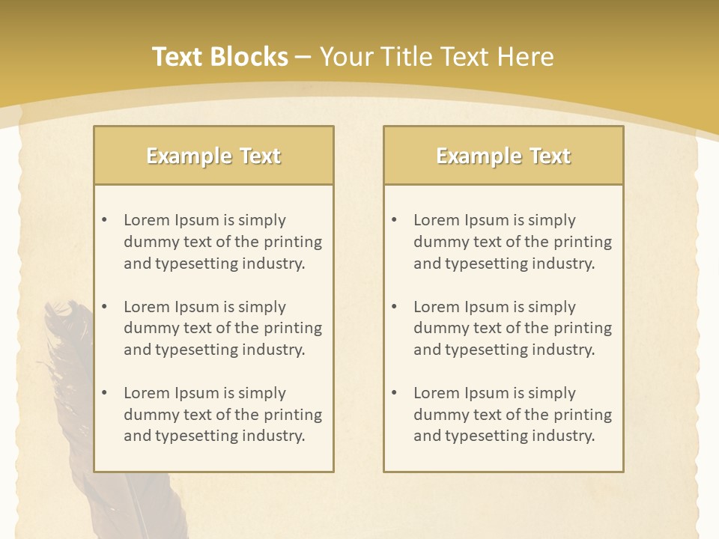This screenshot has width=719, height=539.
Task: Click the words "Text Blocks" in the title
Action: [x=220, y=57]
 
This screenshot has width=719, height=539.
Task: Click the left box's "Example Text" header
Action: [x=213, y=156]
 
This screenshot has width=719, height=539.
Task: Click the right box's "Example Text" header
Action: [x=503, y=156]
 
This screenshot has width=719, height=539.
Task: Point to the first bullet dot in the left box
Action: [x=104, y=220]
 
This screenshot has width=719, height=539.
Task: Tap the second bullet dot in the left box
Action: [x=104, y=307]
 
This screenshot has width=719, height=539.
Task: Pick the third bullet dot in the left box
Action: [x=104, y=393]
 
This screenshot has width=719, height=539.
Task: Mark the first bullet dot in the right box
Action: [x=394, y=220]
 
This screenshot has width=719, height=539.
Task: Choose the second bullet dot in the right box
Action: [x=394, y=307]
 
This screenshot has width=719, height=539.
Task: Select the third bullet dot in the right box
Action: [x=394, y=393]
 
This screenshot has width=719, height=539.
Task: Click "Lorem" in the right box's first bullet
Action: [x=436, y=220]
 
